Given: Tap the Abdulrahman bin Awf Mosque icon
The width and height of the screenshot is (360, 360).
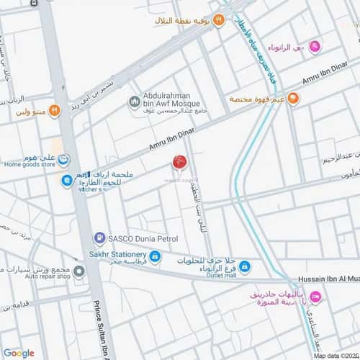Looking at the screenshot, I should pos(134,104).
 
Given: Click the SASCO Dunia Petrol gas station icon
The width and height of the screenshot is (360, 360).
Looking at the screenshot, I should pos(99,237).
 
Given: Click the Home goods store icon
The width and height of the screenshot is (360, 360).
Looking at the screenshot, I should pos(64,160).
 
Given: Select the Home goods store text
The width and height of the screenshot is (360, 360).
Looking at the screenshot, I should pos(28,163).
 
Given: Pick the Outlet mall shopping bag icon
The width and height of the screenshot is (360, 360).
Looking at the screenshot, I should pos(244,266).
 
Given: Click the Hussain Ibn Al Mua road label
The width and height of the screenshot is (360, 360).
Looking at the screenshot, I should pos(328,280).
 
